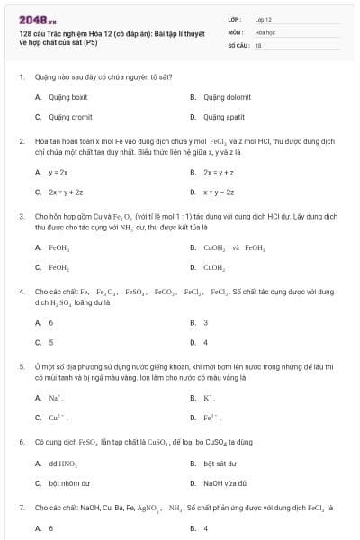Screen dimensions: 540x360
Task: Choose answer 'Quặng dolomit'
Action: coord(227,96)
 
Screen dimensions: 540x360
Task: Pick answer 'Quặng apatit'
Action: coord(224,117)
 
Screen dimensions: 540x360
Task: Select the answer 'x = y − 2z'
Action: coord(220,192)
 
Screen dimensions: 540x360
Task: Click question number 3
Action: coord(21,217)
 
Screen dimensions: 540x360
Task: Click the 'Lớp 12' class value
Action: coord(263,19)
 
